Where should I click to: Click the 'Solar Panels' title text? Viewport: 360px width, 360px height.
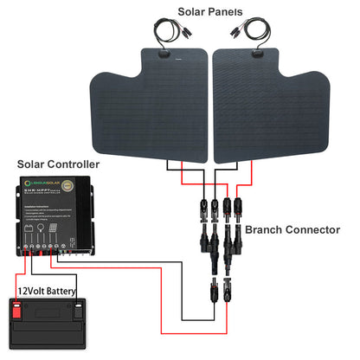[210, 11]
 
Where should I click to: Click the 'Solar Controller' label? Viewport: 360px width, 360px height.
[55, 164]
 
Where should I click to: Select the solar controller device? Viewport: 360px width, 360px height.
[52, 215]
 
